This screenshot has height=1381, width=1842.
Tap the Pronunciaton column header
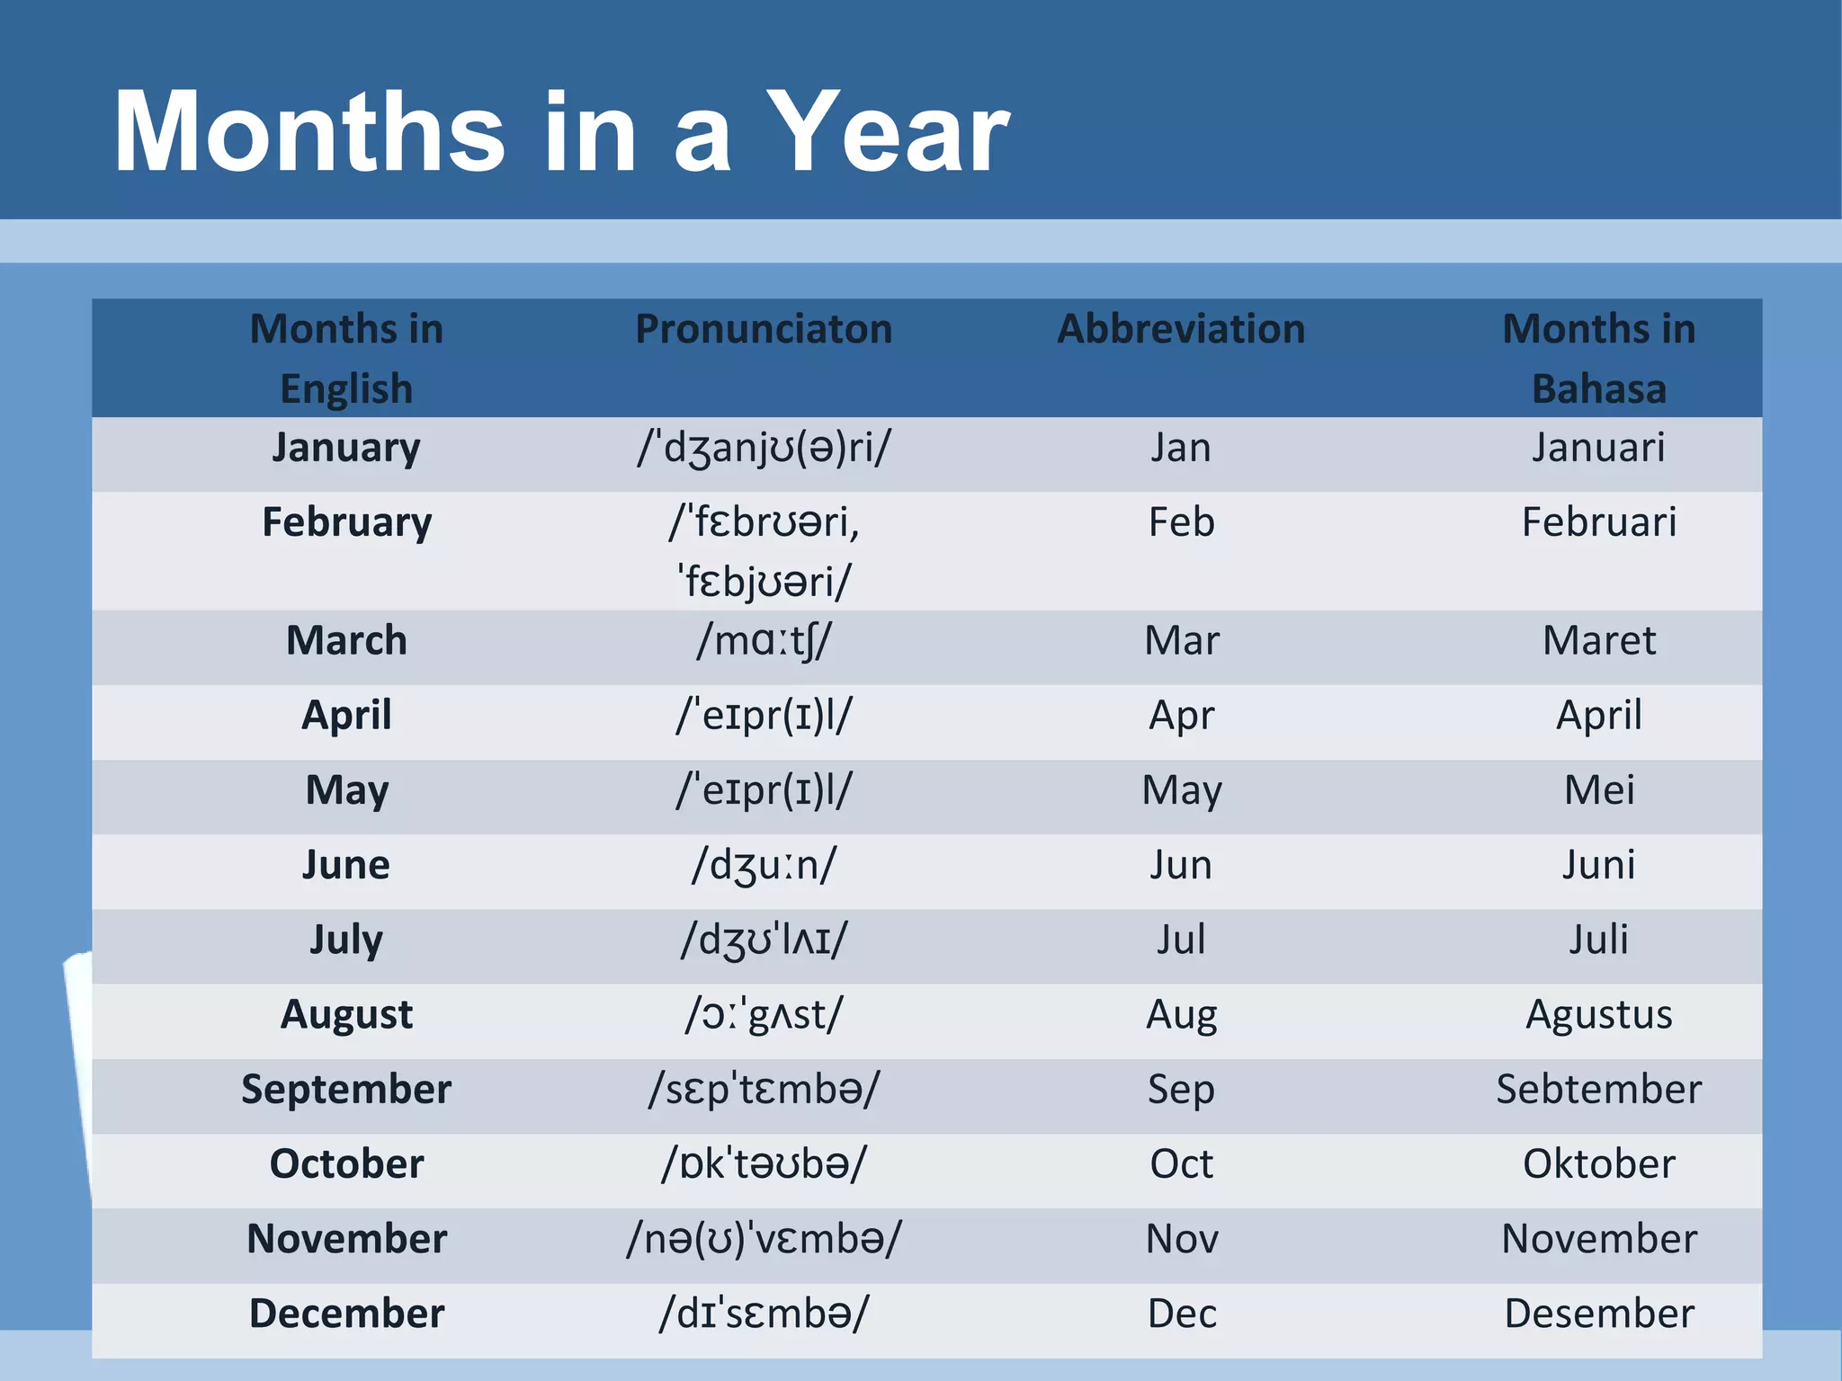coord(764,329)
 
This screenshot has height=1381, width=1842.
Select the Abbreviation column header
coord(1181,329)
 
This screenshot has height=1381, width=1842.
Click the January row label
coord(346,448)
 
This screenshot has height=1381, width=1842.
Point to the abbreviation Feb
coord(1181,522)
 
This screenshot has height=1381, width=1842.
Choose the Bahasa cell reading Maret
coord(1598,641)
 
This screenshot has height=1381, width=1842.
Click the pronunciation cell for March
coord(764,641)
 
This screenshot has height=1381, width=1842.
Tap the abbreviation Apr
coord(1181,716)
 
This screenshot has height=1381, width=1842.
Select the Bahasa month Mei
coord(1598,790)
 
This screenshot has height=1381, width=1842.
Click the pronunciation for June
coord(764,865)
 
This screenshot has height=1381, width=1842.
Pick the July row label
coord(346,940)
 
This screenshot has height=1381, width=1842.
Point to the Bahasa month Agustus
coord(1598,1014)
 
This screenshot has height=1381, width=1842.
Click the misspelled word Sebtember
coord(1598,1089)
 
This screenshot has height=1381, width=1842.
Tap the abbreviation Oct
coord(1181,1163)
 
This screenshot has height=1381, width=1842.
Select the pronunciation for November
coord(764,1238)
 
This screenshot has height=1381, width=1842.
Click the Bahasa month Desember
coord(1598,1313)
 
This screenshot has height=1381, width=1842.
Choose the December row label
coord(346,1313)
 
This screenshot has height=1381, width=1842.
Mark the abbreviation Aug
coord(1181,1014)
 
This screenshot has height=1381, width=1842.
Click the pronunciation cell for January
coord(764,448)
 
